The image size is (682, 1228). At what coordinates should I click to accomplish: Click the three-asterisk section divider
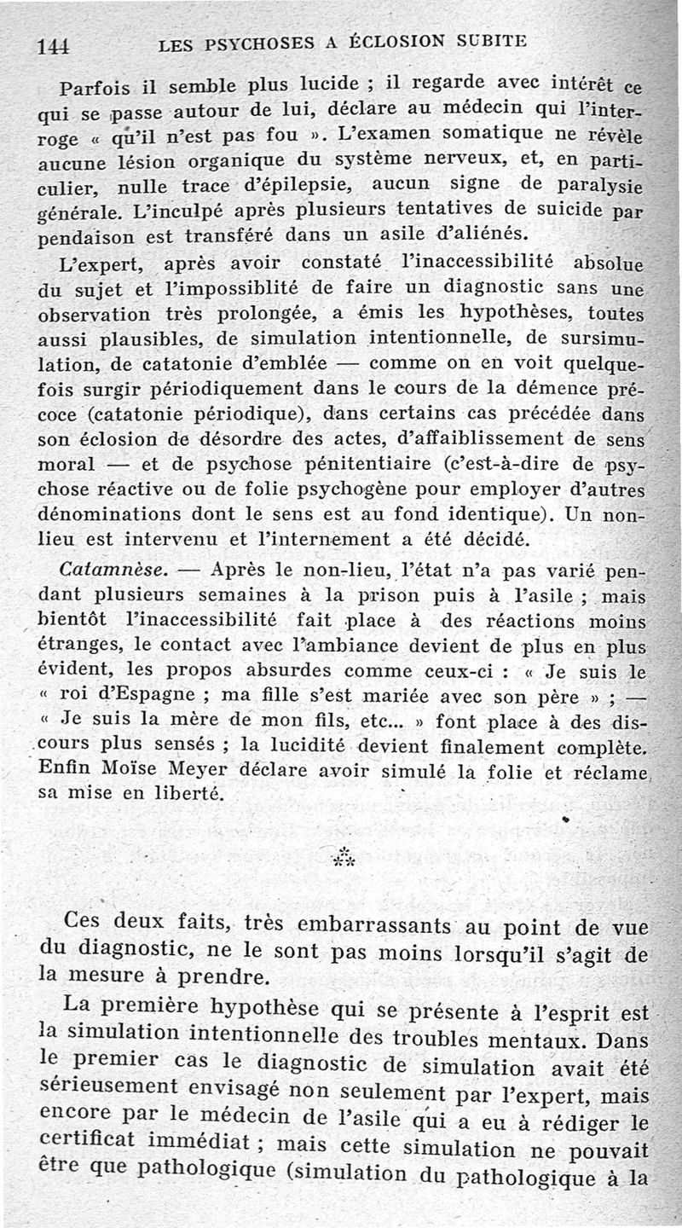[345, 855]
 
